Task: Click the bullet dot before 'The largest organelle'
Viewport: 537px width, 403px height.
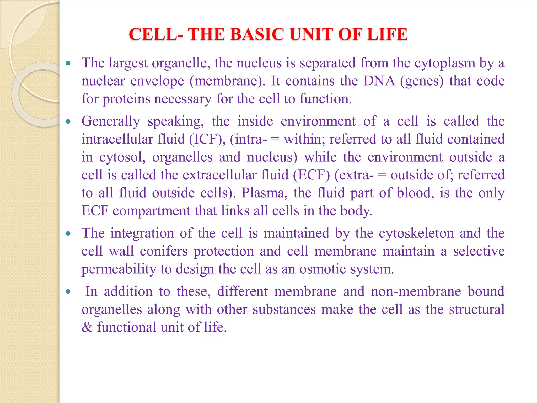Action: (68, 63)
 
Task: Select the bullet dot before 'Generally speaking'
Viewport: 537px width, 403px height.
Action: (68, 121)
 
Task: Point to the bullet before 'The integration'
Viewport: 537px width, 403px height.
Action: (68, 233)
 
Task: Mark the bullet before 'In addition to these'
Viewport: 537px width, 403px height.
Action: (68, 291)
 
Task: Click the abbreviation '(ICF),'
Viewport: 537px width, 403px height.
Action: (207, 139)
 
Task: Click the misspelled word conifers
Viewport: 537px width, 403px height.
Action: (164, 251)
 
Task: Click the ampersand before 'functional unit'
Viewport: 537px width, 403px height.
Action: (87, 327)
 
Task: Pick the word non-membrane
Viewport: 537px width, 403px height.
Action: (416, 291)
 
